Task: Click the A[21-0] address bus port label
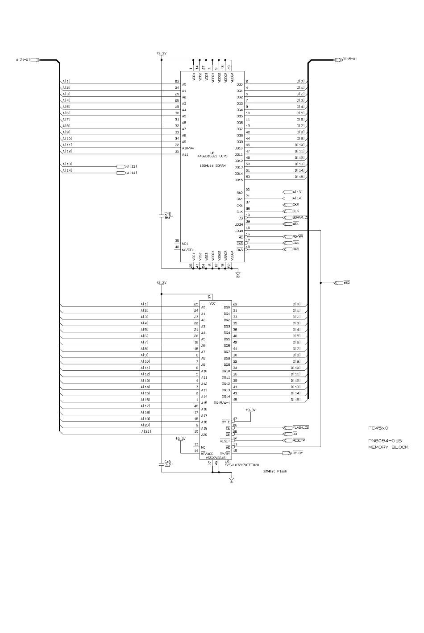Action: click(x=23, y=59)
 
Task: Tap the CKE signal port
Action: click(x=295, y=205)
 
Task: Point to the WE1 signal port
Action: click(x=295, y=224)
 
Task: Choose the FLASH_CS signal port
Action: click(x=300, y=427)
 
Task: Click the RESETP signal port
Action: click(x=298, y=440)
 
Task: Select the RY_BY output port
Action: click(x=298, y=453)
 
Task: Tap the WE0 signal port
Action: click(x=346, y=283)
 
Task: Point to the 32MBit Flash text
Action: click(x=275, y=471)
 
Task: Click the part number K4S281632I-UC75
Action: click(x=212, y=156)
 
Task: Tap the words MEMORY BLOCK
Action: click(x=388, y=447)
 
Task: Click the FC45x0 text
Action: click(x=378, y=428)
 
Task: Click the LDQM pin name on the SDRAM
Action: click(x=238, y=231)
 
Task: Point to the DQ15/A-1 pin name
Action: click(x=222, y=403)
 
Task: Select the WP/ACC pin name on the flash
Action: click(x=207, y=454)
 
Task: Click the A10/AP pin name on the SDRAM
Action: click(x=188, y=148)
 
